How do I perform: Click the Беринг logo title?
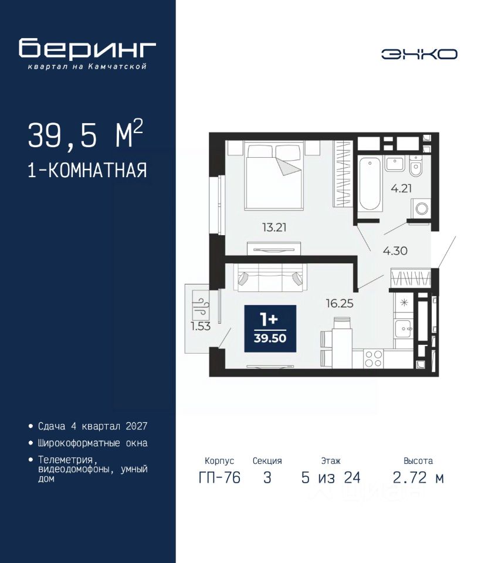(87, 48)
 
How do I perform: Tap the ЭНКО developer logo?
(419, 54)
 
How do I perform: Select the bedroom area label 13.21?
(274, 228)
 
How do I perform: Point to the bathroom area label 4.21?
(401, 188)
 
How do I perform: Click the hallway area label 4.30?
(395, 250)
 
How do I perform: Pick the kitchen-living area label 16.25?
(340, 303)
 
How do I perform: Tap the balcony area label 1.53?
(201, 327)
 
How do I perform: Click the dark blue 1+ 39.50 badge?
(270, 328)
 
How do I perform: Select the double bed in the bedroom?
(273, 175)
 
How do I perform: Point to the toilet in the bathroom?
(416, 166)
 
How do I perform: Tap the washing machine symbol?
(421, 208)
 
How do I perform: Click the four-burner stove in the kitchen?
(373, 358)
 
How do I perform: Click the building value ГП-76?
(219, 478)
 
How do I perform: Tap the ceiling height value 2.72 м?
(418, 478)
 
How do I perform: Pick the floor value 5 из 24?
(331, 478)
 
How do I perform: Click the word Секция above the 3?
(267, 461)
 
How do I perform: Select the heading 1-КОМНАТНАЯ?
(87, 170)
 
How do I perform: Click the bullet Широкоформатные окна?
(93, 443)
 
